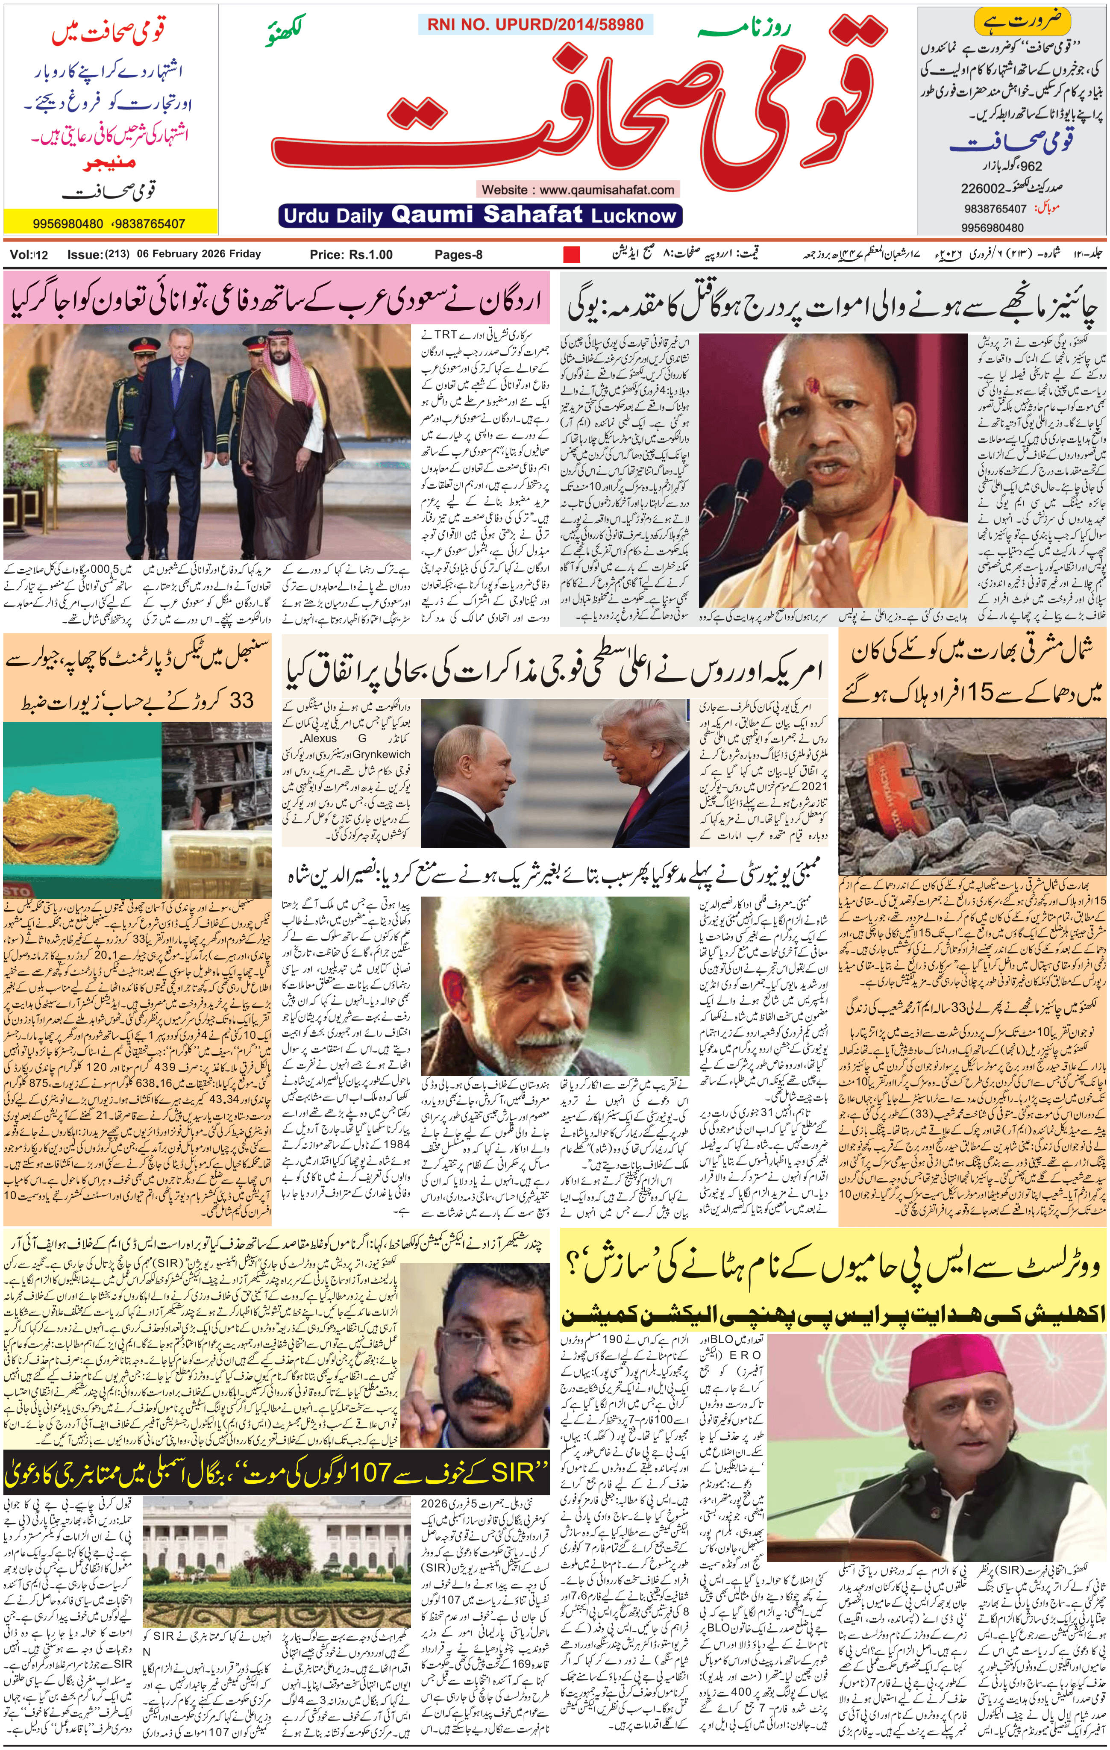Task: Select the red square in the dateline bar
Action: [572, 255]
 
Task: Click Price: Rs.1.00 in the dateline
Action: [351, 254]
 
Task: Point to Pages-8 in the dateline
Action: [458, 254]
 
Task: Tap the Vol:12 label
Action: [29, 254]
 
